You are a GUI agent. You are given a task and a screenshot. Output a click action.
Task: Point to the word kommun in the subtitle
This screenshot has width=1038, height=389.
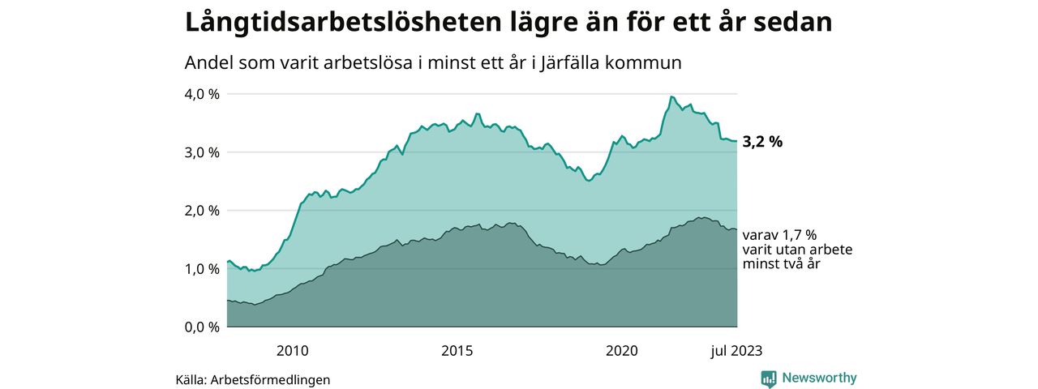point(646,62)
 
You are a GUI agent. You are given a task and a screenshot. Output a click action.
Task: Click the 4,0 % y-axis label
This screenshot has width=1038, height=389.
point(203,94)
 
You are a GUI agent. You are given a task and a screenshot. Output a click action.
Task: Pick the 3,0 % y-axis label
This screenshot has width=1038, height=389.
point(203,152)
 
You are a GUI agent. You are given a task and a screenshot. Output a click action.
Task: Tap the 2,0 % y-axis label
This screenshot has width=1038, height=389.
point(203,211)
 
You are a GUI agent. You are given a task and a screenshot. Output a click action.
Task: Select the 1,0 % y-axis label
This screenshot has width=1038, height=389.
point(203,269)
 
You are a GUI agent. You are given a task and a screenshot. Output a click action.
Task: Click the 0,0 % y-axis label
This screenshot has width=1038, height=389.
point(203,327)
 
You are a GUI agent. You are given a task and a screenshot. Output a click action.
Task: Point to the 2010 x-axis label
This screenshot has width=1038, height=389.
point(292,351)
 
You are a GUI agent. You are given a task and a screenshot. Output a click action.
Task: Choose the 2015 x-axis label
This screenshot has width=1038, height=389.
point(457,351)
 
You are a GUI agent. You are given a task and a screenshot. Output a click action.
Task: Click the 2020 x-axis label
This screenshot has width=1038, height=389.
point(622,351)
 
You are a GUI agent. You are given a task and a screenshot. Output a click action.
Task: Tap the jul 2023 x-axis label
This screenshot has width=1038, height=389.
point(736,351)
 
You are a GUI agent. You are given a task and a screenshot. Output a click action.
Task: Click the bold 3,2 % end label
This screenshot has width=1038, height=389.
point(762,142)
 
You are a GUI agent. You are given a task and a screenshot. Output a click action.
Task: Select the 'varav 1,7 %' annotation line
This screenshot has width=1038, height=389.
point(780,236)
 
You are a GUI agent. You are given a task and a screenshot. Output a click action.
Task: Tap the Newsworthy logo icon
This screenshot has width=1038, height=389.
point(769,378)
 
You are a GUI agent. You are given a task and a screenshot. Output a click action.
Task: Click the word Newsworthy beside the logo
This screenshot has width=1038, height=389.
point(819,378)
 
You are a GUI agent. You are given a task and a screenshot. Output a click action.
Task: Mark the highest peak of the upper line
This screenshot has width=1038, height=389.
point(671,96)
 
